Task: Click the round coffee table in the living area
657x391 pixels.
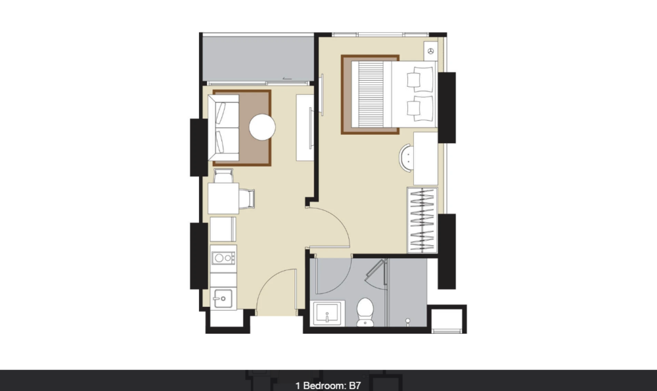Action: click(262, 127)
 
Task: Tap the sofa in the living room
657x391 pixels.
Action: click(224, 128)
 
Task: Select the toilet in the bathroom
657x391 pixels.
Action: click(365, 312)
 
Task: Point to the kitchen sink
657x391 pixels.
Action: click(223, 299)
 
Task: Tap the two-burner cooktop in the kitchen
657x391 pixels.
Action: click(223, 257)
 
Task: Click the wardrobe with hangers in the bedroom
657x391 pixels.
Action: click(422, 220)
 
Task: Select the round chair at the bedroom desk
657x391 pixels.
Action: click(406, 157)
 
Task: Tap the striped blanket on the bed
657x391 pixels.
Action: click(368, 94)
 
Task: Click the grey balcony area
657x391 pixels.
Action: click(258, 58)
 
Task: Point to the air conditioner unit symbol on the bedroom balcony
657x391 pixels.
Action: click(431, 51)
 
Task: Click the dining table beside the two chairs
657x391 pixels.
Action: click(224, 198)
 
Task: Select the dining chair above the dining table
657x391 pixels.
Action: click(223, 175)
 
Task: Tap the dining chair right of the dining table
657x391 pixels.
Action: click(247, 198)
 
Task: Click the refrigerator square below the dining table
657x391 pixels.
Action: click(223, 229)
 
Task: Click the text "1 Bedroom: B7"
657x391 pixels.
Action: click(328, 386)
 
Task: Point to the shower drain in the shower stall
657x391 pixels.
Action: click(407, 321)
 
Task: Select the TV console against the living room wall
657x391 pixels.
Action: click(305, 128)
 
